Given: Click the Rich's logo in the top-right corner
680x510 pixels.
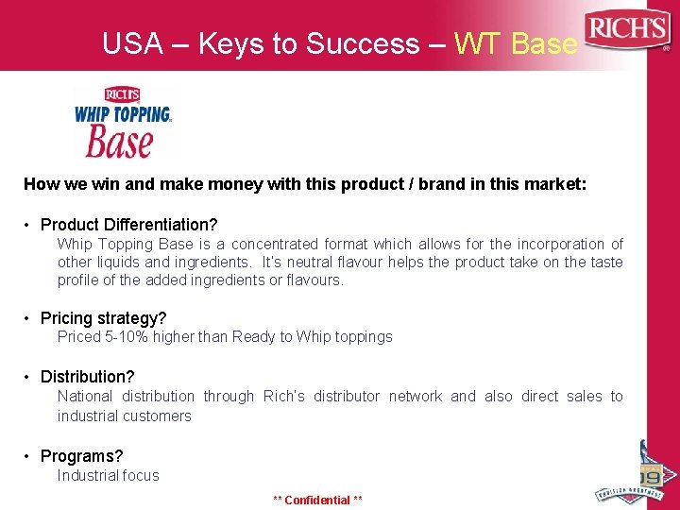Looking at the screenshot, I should tap(627, 31).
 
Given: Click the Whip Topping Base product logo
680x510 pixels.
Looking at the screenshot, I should tap(123, 122).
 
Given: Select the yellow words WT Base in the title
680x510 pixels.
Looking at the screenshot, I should tap(515, 43).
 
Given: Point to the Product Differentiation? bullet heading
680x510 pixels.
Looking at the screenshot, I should tap(128, 225).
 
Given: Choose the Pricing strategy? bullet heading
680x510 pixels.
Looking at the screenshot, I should tap(103, 318).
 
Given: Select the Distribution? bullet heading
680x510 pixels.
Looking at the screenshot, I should tap(87, 377).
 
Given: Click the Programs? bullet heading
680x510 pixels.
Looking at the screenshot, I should tap(81, 456).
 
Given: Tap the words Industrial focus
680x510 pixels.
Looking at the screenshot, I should tap(108, 475).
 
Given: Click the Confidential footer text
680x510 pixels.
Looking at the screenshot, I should tap(317, 500).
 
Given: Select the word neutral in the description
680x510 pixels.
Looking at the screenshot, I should tap(309, 263).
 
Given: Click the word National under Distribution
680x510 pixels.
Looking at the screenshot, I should tap(85, 397).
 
